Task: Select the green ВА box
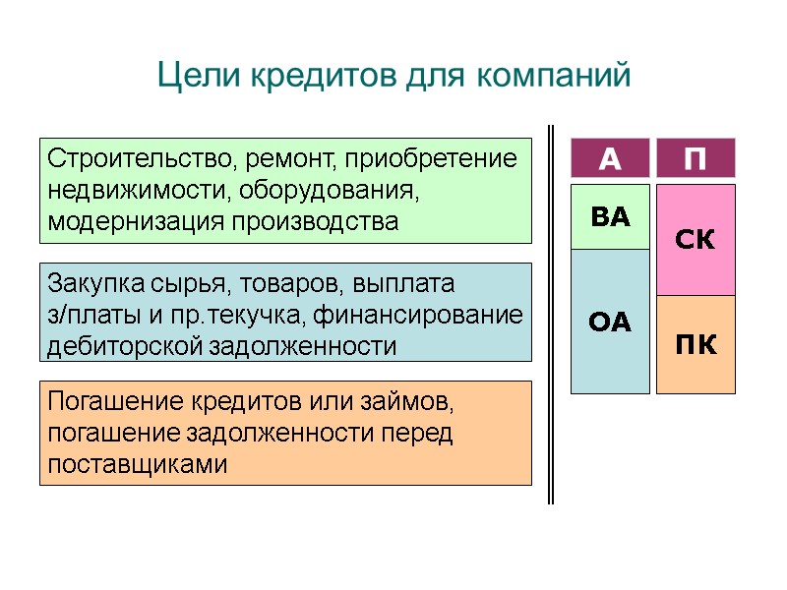[x=610, y=217]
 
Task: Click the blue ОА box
[x=610, y=322]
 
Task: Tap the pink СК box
[x=696, y=240]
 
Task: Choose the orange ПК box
[x=696, y=345]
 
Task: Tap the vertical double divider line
[x=551, y=315]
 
